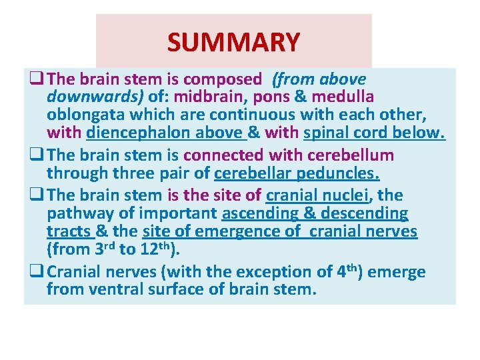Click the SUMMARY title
pyautogui.click(x=233, y=42)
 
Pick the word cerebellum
pyautogui.click(x=351, y=155)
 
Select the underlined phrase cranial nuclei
pyautogui.click(x=317, y=195)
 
